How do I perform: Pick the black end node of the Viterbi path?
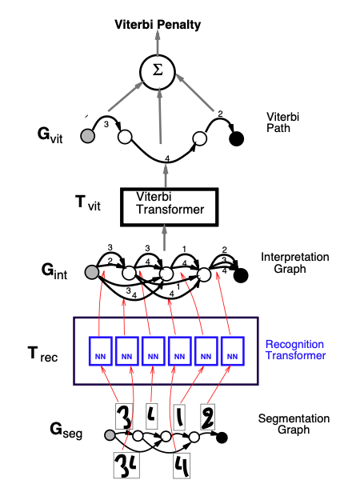click(236, 139)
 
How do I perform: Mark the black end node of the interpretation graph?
click(241, 275)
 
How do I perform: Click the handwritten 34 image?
click(125, 464)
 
